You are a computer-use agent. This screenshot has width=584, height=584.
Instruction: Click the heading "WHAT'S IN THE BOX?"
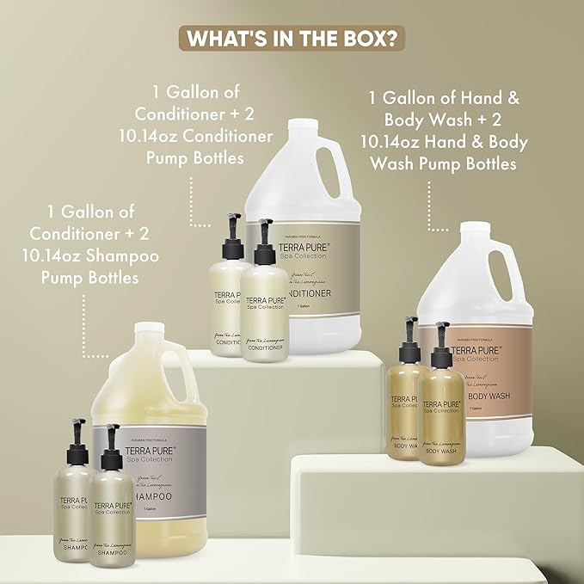coord(292,40)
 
